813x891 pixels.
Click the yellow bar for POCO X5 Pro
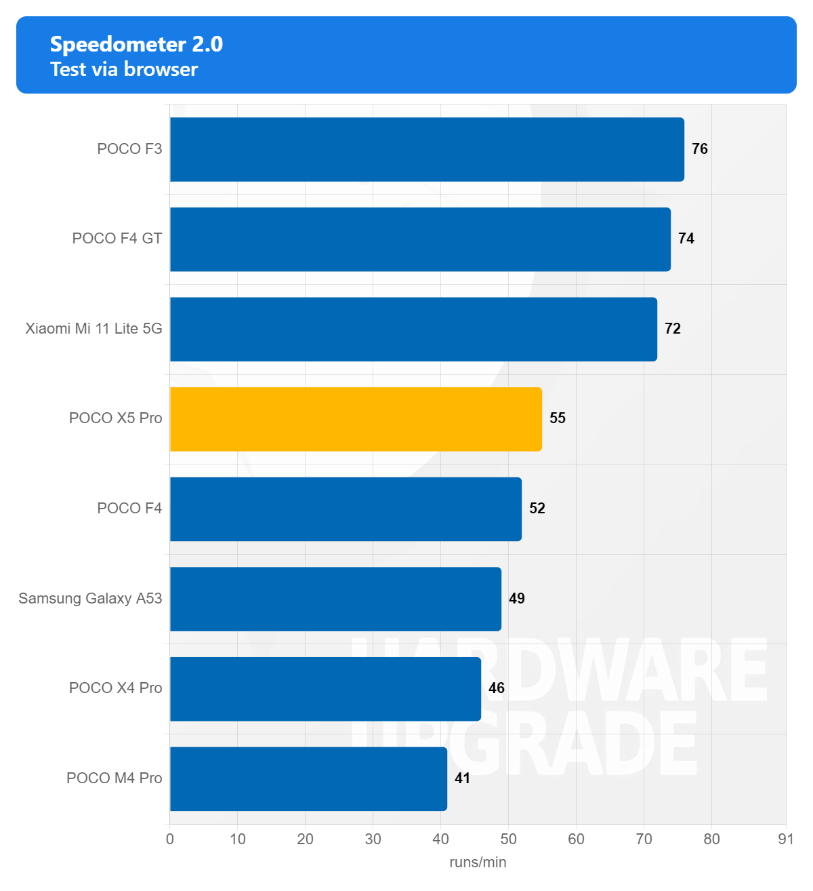pos(356,419)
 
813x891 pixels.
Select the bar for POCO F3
pos(427,149)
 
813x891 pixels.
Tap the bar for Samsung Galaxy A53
pos(335,599)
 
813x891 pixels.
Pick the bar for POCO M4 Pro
pos(308,778)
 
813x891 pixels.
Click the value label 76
pos(700,149)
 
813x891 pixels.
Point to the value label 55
pos(558,418)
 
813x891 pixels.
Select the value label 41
pos(463,778)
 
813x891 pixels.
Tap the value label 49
pos(517,599)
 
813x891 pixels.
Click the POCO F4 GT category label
pos(117,239)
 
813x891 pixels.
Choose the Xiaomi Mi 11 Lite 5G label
pos(94,329)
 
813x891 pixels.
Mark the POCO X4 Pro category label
pos(116,688)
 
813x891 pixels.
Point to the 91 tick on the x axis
pos(786,839)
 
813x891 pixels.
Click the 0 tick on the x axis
pos(170,839)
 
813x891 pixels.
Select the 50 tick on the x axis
pos(508,839)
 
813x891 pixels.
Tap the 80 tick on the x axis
pos(711,839)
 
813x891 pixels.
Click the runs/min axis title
pos(478,863)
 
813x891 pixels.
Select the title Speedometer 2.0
pos(136,44)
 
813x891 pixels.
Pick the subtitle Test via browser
pos(124,69)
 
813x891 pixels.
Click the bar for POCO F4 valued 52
pos(346,509)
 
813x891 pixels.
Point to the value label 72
pos(673,329)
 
